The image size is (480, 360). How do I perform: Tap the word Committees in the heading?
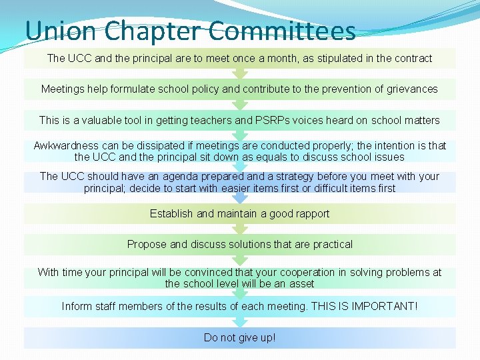(281, 31)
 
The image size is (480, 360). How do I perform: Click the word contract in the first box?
(413, 59)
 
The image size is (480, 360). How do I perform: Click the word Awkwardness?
(65, 145)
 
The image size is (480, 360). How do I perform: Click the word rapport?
(309, 214)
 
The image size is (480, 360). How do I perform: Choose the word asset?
(301, 284)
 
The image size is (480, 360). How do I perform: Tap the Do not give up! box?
(240, 337)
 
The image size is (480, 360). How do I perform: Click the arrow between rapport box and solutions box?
(240, 229)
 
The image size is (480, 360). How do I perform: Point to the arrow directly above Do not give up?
(240, 322)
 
